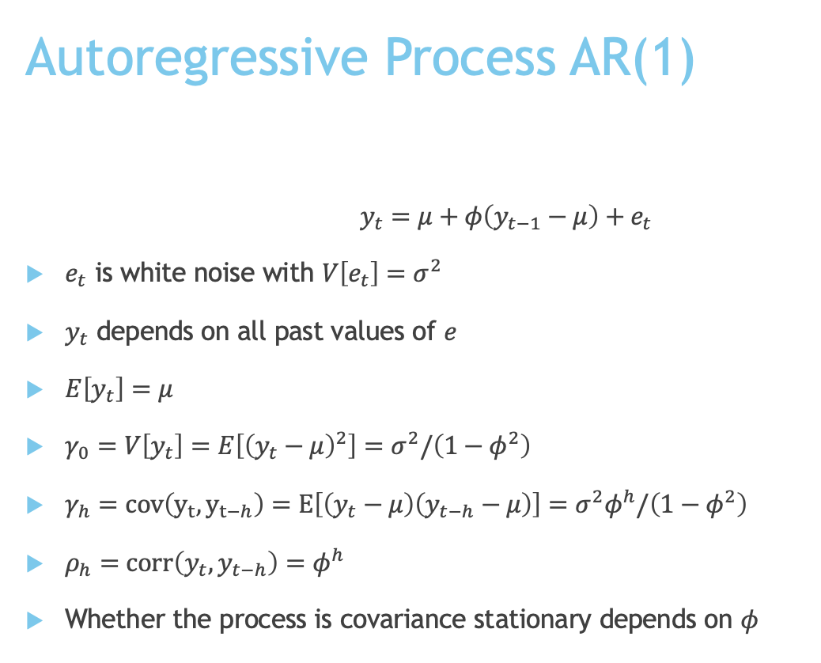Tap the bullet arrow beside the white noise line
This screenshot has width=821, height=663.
[x=34, y=274]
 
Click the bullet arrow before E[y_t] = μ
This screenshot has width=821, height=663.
[x=34, y=389]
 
